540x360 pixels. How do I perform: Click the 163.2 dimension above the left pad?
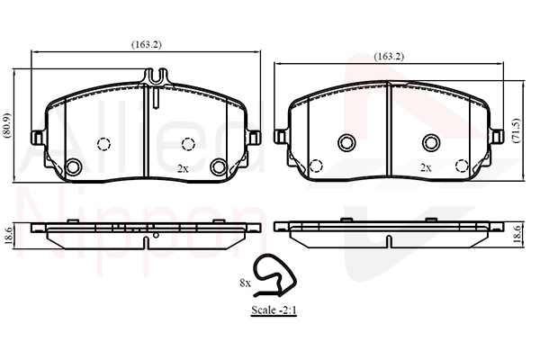147,44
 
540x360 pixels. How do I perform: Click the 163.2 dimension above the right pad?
389,56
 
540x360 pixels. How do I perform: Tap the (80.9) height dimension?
6,126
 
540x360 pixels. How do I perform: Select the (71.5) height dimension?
516,130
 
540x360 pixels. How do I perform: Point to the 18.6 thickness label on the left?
9,236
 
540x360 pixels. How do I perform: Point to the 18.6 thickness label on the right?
517,234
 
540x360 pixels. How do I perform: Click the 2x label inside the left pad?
183,168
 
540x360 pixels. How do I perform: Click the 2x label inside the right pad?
426,167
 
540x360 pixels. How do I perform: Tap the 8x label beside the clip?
245,283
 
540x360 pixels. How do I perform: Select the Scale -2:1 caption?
274,310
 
